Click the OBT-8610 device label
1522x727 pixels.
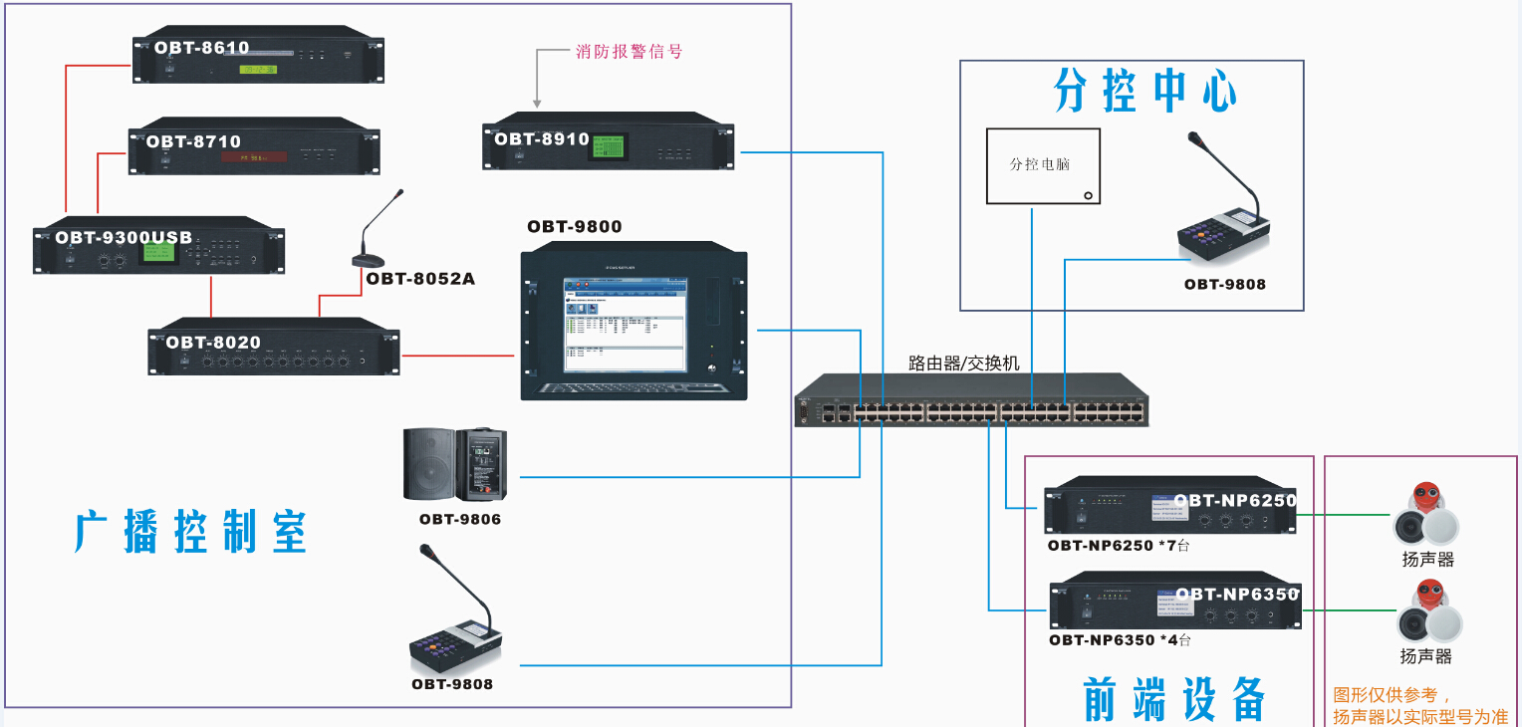[202, 48]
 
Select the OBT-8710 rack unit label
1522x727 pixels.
[194, 141]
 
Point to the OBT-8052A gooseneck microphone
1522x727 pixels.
[375, 234]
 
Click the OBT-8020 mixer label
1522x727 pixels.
[214, 343]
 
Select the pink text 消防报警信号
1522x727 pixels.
[630, 52]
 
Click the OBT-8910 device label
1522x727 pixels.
[543, 139]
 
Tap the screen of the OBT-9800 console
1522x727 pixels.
[625, 324]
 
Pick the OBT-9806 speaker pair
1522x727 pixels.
[455, 464]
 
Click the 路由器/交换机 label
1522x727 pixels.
[963, 363]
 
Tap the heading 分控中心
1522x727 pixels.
[1145, 93]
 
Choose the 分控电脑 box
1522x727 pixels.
[1043, 165]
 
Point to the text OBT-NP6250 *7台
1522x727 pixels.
[1119, 546]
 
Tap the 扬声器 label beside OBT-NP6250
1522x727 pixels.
[1428, 560]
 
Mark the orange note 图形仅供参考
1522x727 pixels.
[1393, 695]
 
